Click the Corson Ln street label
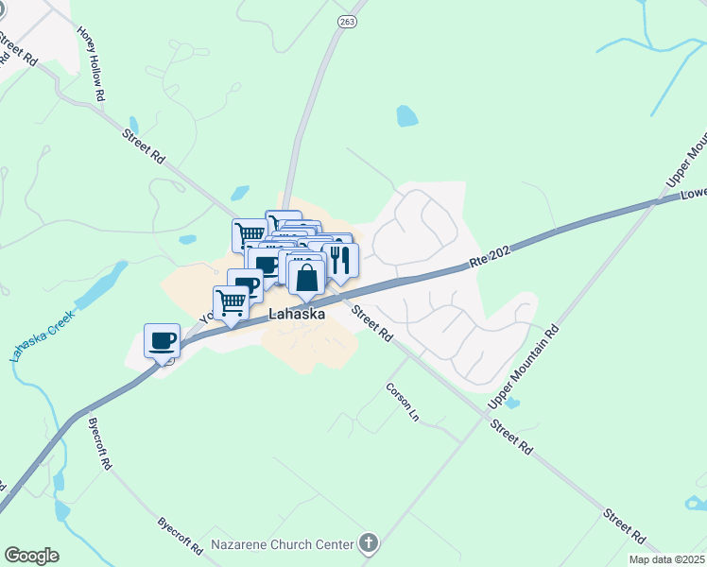(x=400, y=401)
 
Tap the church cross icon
(x=368, y=543)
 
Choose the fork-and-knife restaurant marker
(x=340, y=260)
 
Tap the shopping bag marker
(x=307, y=278)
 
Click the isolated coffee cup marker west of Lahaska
(x=162, y=339)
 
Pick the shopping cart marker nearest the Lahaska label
(x=232, y=302)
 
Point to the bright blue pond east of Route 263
(x=406, y=116)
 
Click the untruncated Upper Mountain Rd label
(x=525, y=369)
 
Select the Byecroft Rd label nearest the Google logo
(x=181, y=535)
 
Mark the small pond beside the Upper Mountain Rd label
(x=511, y=403)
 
